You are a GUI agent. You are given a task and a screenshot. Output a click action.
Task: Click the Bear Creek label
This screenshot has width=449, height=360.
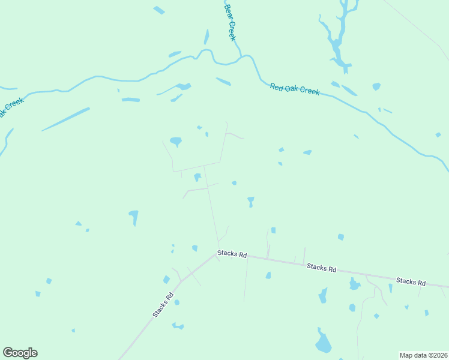click(231, 23)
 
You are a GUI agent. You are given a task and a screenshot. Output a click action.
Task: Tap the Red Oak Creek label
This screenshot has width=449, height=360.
click(294, 89)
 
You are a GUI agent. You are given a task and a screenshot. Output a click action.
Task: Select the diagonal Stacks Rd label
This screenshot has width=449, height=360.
click(163, 304)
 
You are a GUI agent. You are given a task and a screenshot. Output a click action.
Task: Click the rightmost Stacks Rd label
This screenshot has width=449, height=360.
click(411, 281)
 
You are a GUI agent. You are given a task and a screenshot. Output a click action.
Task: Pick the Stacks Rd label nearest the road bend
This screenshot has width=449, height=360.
click(232, 255)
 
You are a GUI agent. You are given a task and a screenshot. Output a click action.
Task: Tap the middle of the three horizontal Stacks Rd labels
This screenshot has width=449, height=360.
click(321, 268)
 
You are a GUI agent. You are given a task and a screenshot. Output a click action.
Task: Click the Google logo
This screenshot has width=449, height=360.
click(20, 353)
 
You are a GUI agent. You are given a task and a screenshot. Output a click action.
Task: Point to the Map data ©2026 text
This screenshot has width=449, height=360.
click(423, 355)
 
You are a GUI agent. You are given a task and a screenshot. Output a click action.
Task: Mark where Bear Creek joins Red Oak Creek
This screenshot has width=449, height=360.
click(241, 57)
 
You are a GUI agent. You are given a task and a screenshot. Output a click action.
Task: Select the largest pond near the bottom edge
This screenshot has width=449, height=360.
click(323, 343)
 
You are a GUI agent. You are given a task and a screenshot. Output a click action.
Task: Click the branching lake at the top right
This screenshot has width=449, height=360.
click(338, 36)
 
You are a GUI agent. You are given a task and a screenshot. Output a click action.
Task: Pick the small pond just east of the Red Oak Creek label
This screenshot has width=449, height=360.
click(376, 86)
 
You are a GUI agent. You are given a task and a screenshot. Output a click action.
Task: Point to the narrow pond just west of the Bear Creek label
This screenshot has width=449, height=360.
click(206, 37)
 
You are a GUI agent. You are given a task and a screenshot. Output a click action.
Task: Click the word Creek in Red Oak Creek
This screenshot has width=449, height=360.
click(309, 91)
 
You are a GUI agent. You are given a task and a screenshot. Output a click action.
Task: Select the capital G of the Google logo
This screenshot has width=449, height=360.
click(8, 352)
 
